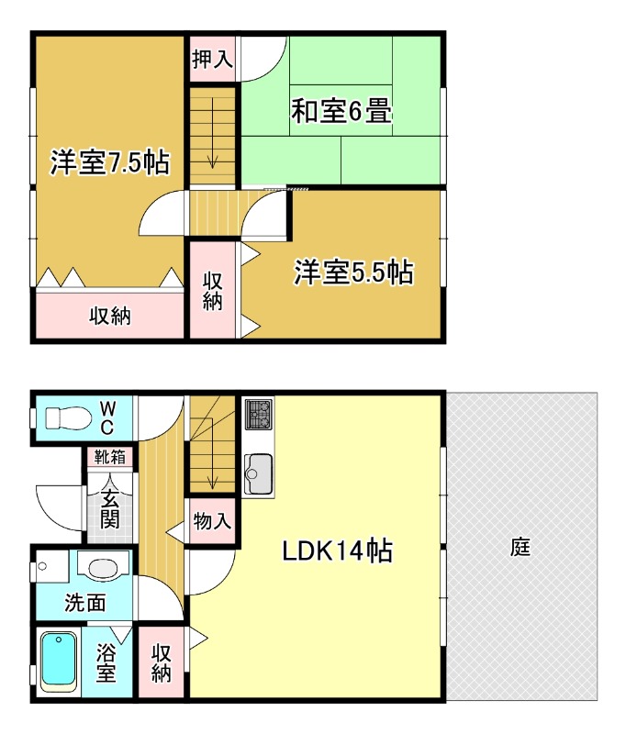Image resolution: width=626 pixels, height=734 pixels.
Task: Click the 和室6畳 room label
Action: [342, 112]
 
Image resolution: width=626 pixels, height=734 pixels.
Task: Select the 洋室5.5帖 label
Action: [353, 272]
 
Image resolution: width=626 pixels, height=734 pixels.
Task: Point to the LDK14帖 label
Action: [337, 550]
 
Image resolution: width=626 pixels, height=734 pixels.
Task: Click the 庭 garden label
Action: [520, 549]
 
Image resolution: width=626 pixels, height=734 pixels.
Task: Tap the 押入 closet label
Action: [212, 60]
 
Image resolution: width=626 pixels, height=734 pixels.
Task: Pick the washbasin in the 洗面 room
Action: [98, 568]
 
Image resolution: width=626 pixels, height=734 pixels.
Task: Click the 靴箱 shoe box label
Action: [108, 456]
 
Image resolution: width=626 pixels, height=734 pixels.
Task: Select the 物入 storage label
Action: [212, 522]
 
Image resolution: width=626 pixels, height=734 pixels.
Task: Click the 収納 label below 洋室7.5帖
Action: [109, 317]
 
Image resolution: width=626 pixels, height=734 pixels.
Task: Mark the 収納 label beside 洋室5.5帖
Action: [213, 290]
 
